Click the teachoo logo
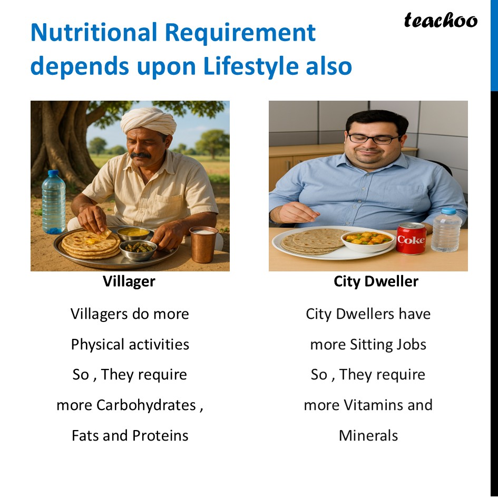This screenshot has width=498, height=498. [x=441, y=21]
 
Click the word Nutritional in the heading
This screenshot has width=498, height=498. [x=94, y=32]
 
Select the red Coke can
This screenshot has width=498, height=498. [x=411, y=238]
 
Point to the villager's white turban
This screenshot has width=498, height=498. [x=148, y=120]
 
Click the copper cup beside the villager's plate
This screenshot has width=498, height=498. [x=203, y=244]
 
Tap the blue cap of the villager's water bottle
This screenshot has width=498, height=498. [x=53, y=173]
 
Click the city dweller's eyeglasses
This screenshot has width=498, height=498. [x=374, y=139]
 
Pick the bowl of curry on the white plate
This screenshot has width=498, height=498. [x=368, y=241]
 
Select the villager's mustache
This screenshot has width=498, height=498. [x=140, y=155]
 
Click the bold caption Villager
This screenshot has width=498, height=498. [x=129, y=281]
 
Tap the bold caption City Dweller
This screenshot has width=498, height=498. [x=376, y=281]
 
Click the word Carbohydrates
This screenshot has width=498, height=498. [x=146, y=405]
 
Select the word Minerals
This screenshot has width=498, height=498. [x=368, y=435]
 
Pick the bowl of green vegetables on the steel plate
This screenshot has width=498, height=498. [x=139, y=249]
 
